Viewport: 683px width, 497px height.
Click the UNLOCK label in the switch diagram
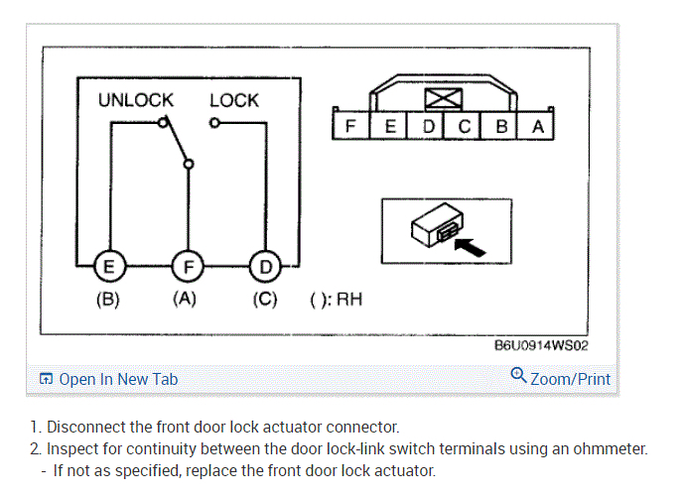(135, 100)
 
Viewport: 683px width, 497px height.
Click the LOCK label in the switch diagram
(234, 100)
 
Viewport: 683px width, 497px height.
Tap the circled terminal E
(108, 265)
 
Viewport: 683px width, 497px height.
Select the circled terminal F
(186, 265)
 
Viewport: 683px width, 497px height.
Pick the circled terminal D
(264, 265)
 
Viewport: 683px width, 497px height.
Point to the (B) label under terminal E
(107, 300)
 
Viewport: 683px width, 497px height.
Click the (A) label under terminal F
(185, 300)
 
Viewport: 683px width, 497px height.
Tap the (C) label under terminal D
(264, 300)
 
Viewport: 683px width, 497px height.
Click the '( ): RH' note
(336, 300)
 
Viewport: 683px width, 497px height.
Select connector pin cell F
(350, 127)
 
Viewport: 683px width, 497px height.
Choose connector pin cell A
(537, 127)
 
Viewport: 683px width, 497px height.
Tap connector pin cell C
(464, 127)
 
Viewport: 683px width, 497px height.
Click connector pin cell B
(501, 127)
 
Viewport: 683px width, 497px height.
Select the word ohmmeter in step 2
(610, 448)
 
